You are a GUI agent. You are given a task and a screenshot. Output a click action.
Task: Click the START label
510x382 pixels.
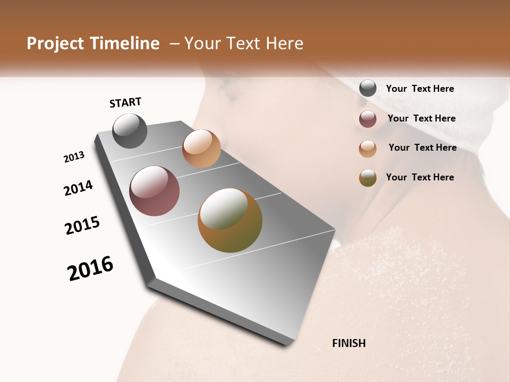pos(125,102)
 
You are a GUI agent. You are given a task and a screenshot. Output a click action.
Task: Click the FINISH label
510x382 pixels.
pos(348,343)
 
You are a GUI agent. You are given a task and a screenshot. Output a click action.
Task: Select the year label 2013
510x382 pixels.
pos(74,157)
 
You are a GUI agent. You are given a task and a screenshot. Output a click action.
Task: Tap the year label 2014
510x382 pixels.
pos(78,188)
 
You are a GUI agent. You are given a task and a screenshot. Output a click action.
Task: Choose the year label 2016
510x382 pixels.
pos(90,268)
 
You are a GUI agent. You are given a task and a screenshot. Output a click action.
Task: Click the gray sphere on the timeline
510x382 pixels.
pos(130,131)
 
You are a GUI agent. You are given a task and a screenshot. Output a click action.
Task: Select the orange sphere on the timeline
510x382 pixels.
pos(201,149)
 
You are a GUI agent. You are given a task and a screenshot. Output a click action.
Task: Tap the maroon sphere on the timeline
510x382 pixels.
pos(155,191)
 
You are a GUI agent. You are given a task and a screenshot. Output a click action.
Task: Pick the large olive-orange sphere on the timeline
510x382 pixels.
pos(230,220)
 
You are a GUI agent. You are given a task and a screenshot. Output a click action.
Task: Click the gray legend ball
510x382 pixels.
pos(368,89)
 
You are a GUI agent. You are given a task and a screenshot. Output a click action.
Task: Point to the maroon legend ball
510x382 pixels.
pos(368,119)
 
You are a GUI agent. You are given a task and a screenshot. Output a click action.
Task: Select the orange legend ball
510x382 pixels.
pos(368,149)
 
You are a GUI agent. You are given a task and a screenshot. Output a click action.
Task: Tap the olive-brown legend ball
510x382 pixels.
pos(368,178)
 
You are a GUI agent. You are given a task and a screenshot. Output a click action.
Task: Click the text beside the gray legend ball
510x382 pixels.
pos(420,89)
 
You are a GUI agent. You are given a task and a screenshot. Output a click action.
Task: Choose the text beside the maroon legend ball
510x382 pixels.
pos(421,118)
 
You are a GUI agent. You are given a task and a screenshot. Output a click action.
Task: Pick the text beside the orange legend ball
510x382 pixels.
pos(422,147)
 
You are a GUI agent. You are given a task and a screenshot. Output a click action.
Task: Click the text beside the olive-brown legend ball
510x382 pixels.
pos(420,177)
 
